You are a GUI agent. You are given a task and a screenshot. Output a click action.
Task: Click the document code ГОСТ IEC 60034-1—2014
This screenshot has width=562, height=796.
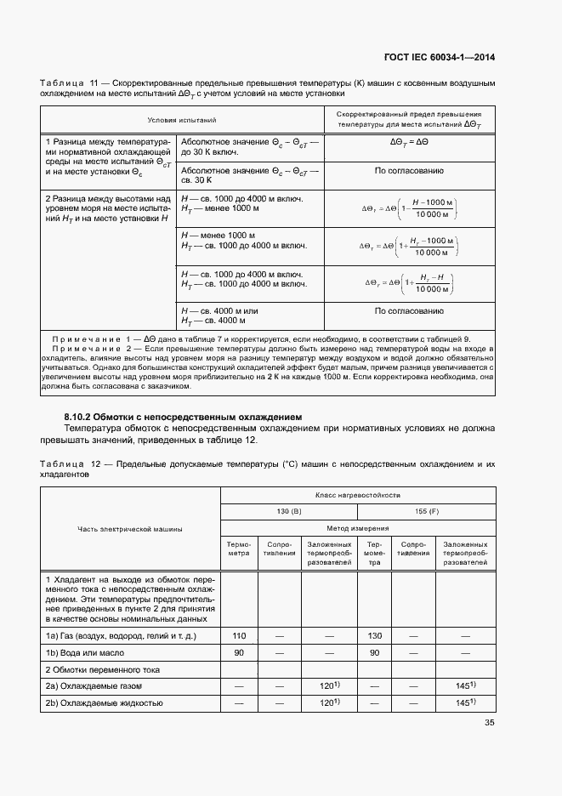(x=437, y=58)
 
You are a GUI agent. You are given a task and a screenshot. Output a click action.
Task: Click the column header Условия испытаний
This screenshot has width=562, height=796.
(x=182, y=121)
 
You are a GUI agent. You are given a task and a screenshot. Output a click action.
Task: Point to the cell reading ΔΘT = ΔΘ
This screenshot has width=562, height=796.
(x=409, y=144)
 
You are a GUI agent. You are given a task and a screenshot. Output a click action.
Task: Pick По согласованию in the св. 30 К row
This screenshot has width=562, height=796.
(x=409, y=171)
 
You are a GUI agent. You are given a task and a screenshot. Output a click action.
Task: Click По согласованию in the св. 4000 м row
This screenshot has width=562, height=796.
(x=409, y=311)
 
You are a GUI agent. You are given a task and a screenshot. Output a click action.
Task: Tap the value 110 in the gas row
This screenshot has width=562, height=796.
(x=239, y=635)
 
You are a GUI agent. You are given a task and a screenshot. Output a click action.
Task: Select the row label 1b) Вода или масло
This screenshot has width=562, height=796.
(x=85, y=652)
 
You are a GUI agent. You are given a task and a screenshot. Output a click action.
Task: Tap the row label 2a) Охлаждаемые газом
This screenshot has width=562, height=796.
(x=93, y=685)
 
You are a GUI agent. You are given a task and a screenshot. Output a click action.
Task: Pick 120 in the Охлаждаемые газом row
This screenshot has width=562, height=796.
(x=326, y=685)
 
